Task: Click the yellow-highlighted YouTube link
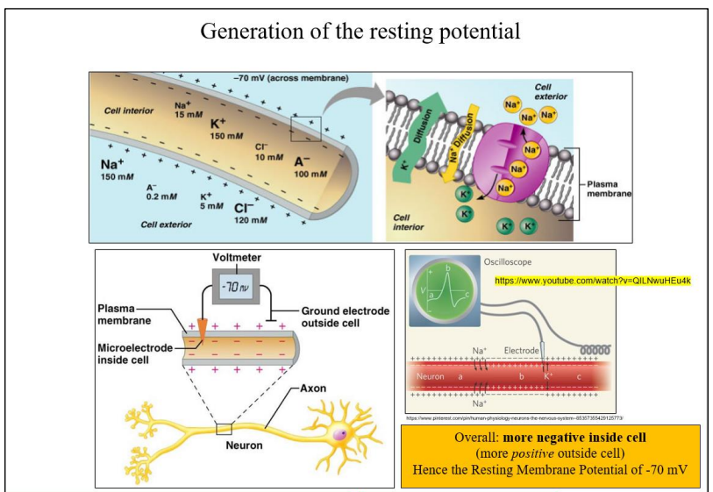tap(594, 281)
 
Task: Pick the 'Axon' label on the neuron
tap(314, 387)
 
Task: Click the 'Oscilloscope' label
tap(508, 261)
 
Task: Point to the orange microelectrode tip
tap(203, 326)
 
